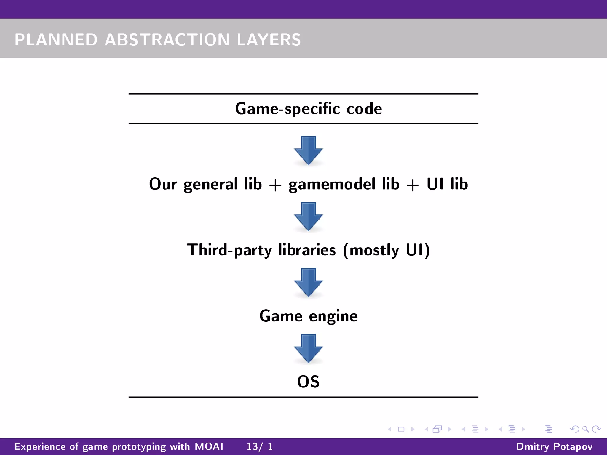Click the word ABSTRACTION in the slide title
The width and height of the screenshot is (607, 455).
point(167,40)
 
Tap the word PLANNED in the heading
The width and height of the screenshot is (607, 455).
point(56,40)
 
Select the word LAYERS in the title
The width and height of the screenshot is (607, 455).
point(269,40)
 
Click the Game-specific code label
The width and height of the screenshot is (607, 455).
point(308,109)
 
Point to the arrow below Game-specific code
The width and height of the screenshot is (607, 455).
point(308,150)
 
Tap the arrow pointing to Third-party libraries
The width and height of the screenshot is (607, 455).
point(308,216)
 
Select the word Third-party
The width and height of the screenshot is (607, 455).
point(229,250)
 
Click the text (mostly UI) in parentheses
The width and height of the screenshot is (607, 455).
point(386,250)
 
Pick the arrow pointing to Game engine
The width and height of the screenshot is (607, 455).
point(308,282)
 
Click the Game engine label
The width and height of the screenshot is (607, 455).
point(308,316)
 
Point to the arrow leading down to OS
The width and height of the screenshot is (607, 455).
point(308,348)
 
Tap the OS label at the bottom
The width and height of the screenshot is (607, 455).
point(308,382)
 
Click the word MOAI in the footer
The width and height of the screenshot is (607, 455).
point(209,446)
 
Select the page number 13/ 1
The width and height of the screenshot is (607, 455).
point(260,446)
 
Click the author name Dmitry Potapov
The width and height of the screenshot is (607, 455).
point(554,446)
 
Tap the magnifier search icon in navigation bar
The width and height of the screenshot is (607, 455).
point(585,429)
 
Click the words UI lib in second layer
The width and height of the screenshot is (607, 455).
point(447,184)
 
